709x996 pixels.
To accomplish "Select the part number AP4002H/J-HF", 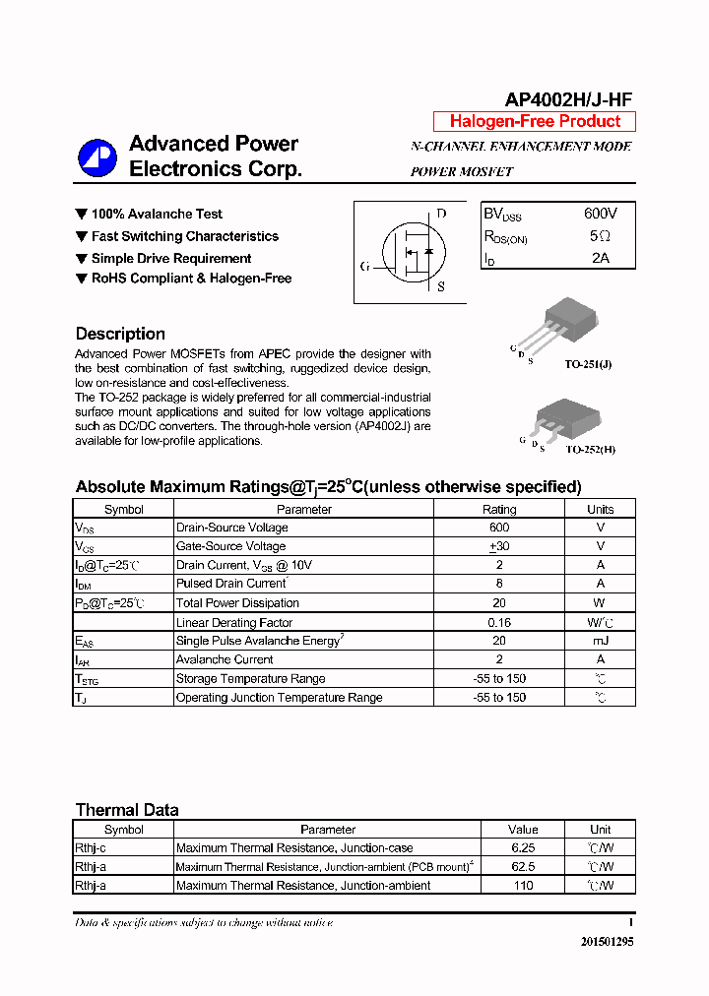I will pos(568,99).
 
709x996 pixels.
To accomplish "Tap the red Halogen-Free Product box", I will pos(535,122).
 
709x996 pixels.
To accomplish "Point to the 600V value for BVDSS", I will pos(600,214).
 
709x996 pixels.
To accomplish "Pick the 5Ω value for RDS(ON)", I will pos(600,236).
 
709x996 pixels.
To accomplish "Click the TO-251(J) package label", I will pos(588,364).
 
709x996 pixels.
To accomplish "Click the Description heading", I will pos(120,334).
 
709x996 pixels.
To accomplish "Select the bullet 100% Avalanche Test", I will pos(156,214).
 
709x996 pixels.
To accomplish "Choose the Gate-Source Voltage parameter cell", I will pos(230,546).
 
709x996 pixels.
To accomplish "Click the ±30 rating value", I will pos(498,546).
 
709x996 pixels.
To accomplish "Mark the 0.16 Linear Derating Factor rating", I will pos(498,622).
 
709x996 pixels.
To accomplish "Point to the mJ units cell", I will pos(600,641).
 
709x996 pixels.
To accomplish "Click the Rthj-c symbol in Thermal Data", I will pos(92,848).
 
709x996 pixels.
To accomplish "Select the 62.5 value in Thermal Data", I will pos(523,867).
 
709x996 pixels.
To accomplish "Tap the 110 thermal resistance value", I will pos(523,886).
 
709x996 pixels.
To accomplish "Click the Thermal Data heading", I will pos(127,810).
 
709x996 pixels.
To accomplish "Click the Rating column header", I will pos(498,509).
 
